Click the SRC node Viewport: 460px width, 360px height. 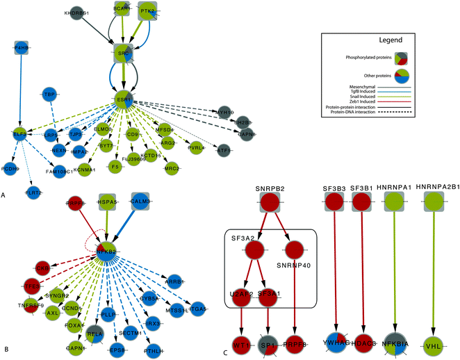[x=122, y=51]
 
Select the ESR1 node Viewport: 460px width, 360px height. [x=124, y=100]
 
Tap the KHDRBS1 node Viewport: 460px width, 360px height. [x=78, y=13]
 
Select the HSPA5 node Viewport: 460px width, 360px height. [x=107, y=202]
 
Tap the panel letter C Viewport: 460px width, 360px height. [x=225, y=352]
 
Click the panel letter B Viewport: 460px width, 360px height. [x=5, y=352]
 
